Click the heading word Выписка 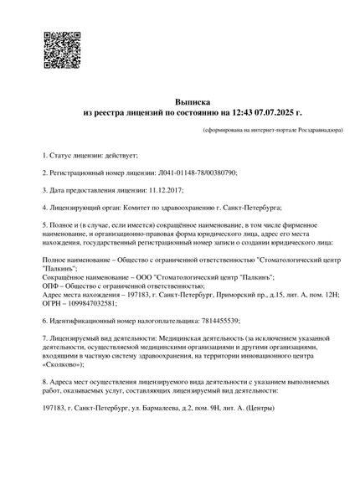pos(193,100)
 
